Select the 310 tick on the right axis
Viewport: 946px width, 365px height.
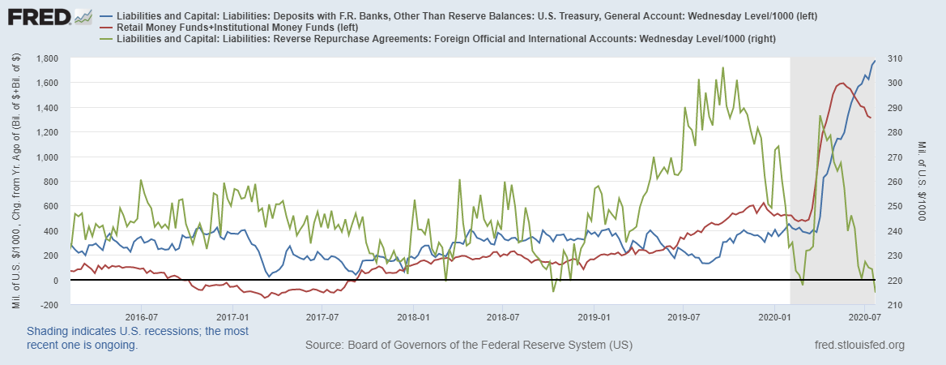pos(893,58)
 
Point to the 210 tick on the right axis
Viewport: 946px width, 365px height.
pos(893,305)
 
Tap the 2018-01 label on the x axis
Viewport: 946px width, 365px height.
pos(412,316)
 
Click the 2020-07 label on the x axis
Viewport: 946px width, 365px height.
pos(865,316)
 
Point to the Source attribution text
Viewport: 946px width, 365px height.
pos(468,346)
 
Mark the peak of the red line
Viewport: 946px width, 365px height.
pos(842,83)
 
